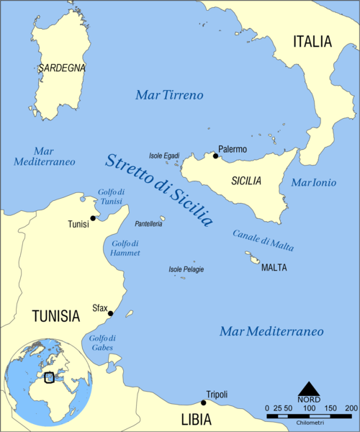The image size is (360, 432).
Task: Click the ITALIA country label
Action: [312, 42]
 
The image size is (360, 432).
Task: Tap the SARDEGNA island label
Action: [62, 68]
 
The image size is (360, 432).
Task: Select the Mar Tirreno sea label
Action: [170, 95]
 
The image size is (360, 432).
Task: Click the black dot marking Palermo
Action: [215, 156]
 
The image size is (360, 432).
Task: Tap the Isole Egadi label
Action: [164, 156]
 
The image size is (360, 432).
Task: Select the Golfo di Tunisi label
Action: [112, 196]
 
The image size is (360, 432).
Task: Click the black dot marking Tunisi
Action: [93, 217]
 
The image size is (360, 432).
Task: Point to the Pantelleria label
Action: [148, 225]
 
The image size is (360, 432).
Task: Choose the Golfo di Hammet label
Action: [126, 248]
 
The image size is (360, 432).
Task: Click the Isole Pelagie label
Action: [186, 269]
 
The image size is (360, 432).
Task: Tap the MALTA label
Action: [274, 267]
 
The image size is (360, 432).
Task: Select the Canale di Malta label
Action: [263, 240]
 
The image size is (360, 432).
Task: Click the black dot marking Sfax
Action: [110, 313]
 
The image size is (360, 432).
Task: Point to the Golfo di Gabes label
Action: [103, 343]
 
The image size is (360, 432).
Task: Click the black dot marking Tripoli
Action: [203, 402]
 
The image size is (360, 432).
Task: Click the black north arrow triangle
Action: [310, 389]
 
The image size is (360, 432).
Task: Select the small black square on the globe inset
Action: [49, 377]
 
